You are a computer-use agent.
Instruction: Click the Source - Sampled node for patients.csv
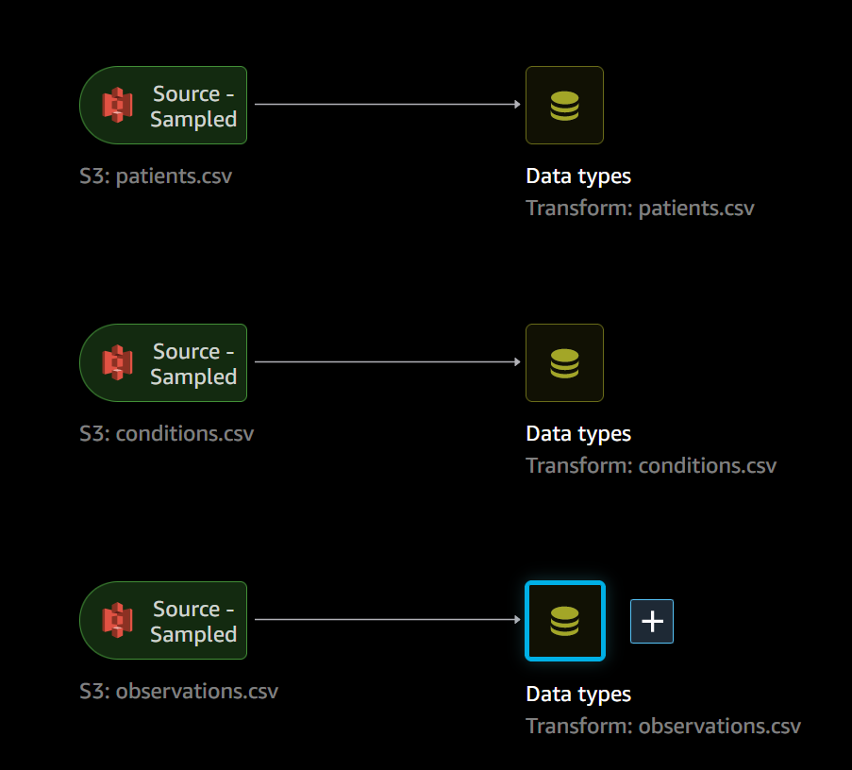click(x=163, y=106)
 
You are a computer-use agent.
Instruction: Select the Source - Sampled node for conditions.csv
click(x=163, y=363)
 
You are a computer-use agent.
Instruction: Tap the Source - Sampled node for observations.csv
click(x=163, y=621)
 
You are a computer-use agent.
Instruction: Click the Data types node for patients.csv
click(x=564, y=106)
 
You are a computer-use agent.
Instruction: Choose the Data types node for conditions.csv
click(x=564, y=363)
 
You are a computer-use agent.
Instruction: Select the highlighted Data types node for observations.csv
click(x=564, y=621)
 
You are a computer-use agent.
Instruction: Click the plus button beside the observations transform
click(x=652, y=621)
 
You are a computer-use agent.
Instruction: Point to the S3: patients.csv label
click(x=156, y=176)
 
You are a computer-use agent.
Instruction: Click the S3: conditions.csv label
click(x=166, y=434)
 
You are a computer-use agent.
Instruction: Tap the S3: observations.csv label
click(x=178, y=692)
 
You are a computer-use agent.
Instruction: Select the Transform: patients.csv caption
click(x=640, y=209)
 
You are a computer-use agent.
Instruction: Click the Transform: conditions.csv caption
click(x=651, y=466)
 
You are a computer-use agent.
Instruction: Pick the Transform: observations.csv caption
click(x=663, y=727)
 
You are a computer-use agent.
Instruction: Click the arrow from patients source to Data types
click(x=387, y=105)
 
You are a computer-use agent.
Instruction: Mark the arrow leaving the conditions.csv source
click(x=387, y=362)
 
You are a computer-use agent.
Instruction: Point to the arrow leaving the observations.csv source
click(x=387, y=620)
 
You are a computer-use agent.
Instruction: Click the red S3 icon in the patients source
click(x=118, y=106)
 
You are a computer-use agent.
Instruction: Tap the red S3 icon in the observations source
click(x=118, y=621)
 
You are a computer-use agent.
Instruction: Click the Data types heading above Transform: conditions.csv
click(x=578, y=434)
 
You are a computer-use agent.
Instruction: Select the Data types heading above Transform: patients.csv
click(x=578, y=176)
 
